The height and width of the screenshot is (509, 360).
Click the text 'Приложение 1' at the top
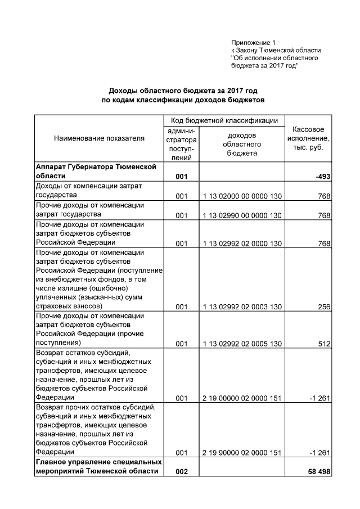(254, 43)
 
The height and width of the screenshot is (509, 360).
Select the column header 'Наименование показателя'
(99, 138)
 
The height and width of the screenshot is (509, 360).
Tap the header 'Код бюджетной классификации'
(224, 120)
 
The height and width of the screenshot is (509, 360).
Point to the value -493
(322, 177)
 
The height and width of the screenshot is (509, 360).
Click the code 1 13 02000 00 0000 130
(241, 196)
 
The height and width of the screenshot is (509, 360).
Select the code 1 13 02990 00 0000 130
(241, 215)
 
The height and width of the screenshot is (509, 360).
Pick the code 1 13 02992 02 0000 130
(241, 244)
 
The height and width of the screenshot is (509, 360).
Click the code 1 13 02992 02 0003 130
(241, 307)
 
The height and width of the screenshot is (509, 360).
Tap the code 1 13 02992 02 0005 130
(241, 344)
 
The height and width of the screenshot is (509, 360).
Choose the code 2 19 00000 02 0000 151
(241, 399)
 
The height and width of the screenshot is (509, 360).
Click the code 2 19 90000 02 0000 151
(241, 453)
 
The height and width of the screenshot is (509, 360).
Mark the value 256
(323, 307)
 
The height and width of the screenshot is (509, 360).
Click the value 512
(323, 344)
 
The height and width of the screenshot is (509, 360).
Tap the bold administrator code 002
(181, 472)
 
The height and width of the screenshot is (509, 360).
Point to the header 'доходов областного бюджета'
(242, 144)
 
